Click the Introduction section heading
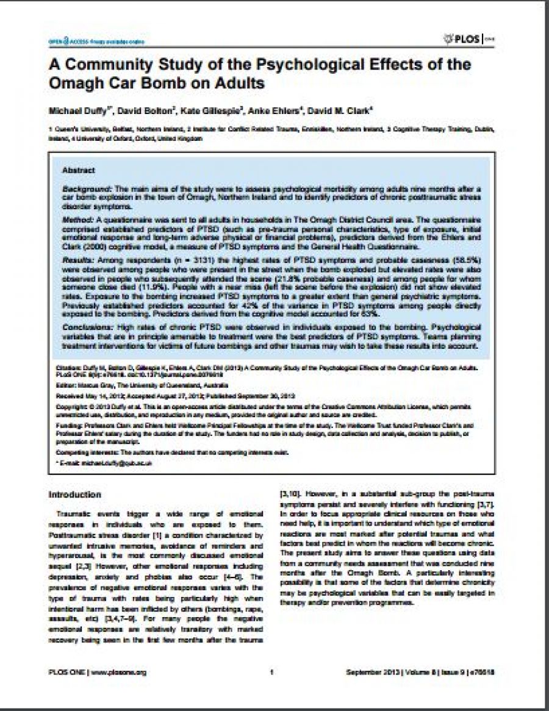tap(74, 494)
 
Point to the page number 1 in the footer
tap(270, 672)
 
